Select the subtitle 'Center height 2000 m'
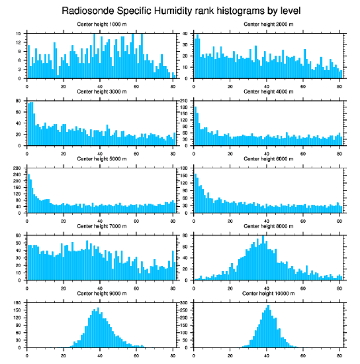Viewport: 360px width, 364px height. click(x=268, y=24)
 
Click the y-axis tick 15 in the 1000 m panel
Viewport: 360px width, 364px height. click(x=19, y=34)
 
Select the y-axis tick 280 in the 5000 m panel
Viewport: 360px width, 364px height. click(x=18, y=168)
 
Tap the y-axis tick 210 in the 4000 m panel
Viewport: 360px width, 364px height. click(x=184, y=101)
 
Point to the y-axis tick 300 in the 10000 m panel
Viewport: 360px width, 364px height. click(x=184, y=303)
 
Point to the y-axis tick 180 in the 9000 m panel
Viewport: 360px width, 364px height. click(x=18, y=303)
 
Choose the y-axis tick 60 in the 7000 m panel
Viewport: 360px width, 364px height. click(x=19, y=236)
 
